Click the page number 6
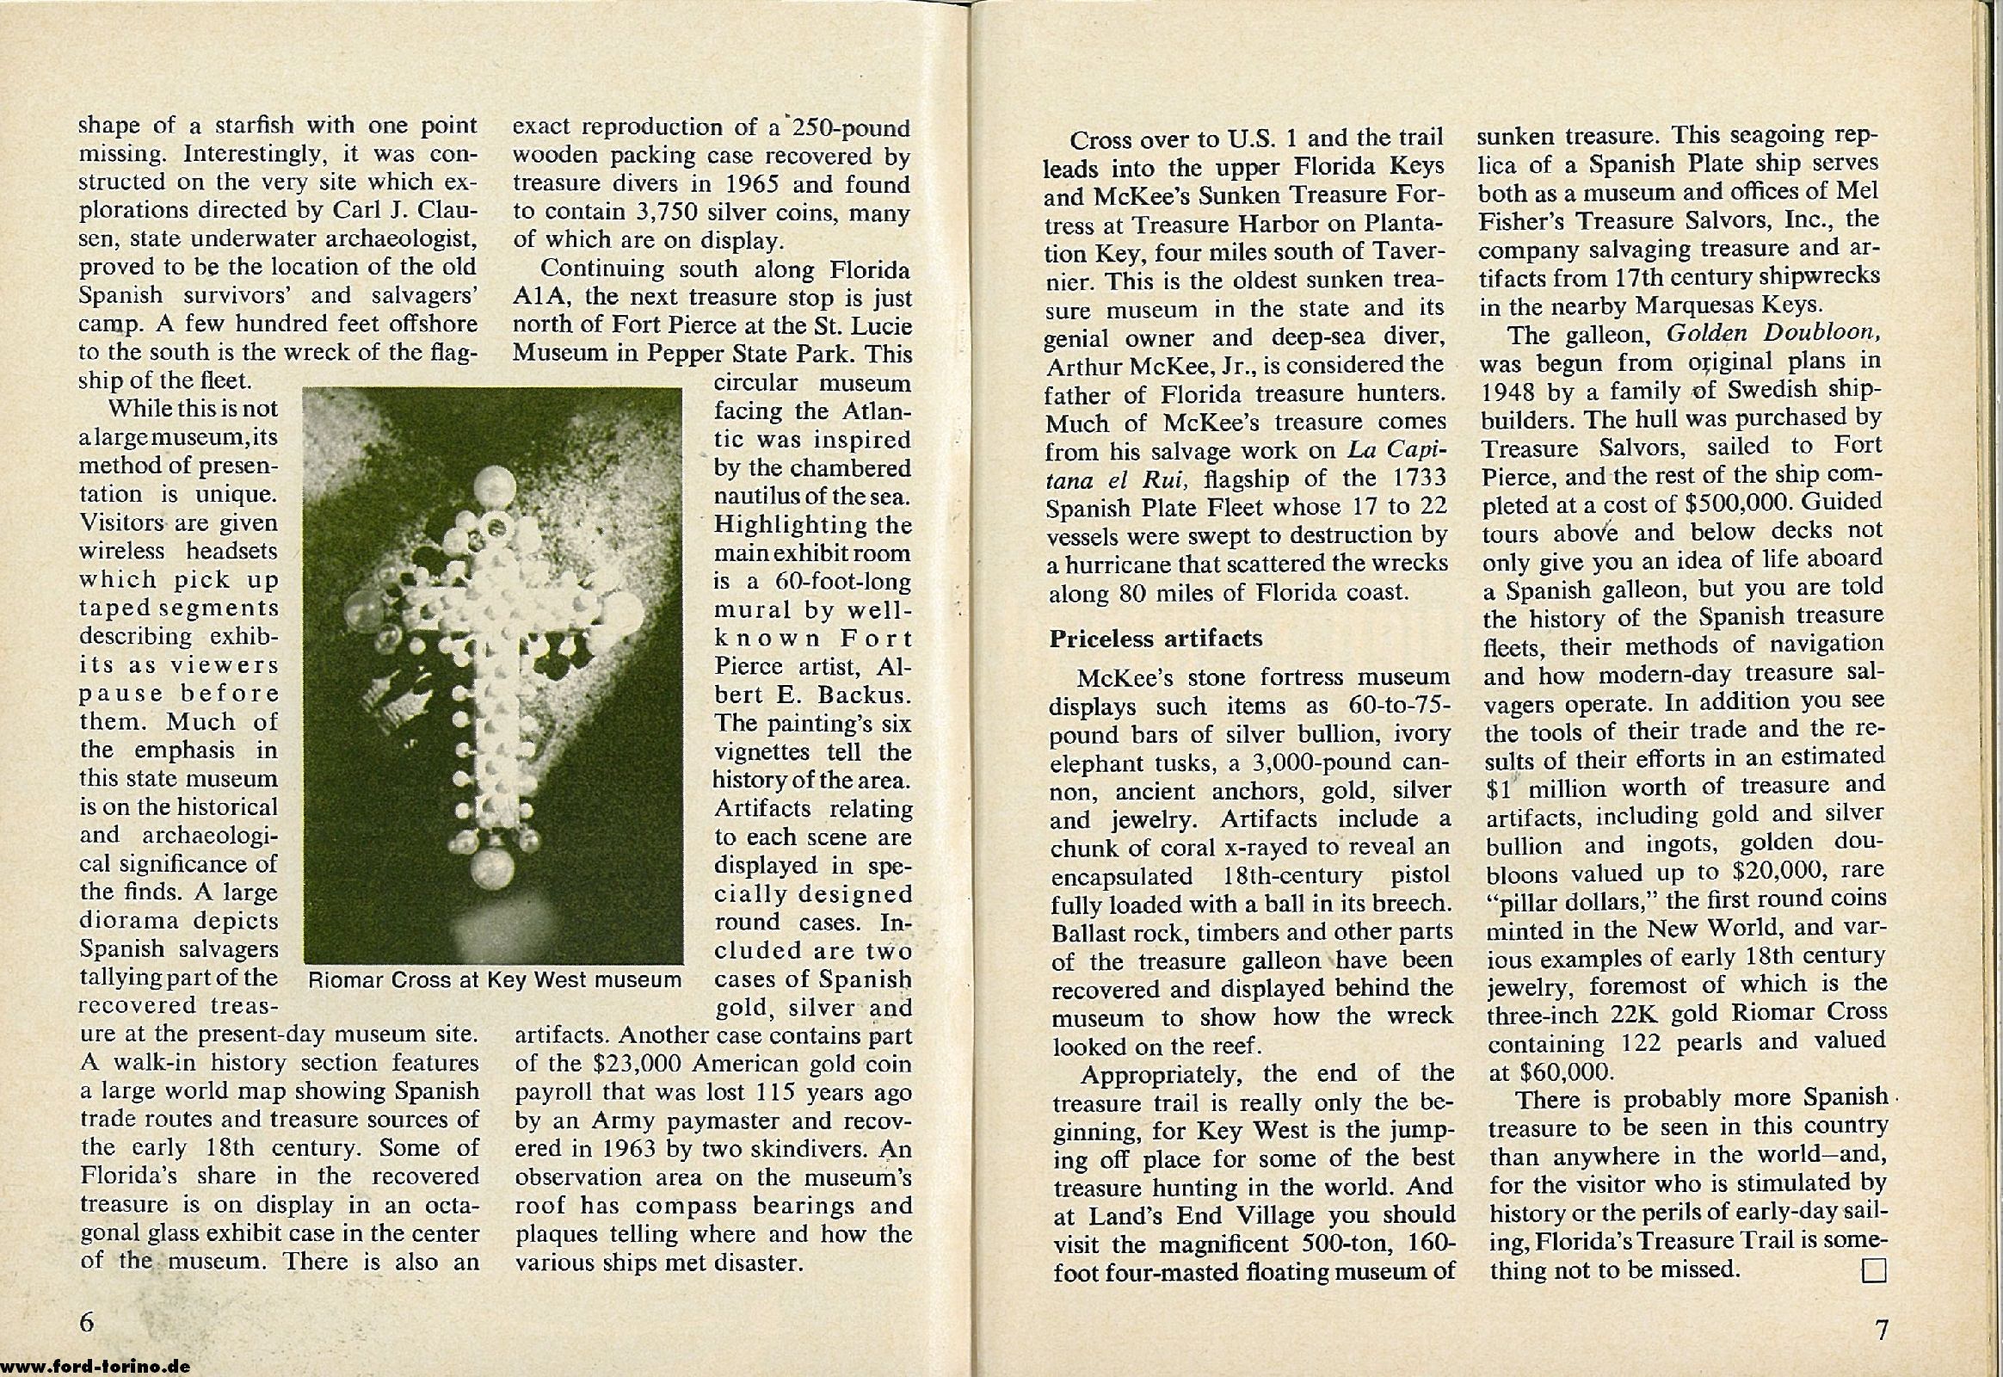87,1321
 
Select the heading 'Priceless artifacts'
1155,639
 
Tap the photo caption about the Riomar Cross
494,980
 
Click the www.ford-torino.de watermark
96,1367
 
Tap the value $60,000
1551,1072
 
